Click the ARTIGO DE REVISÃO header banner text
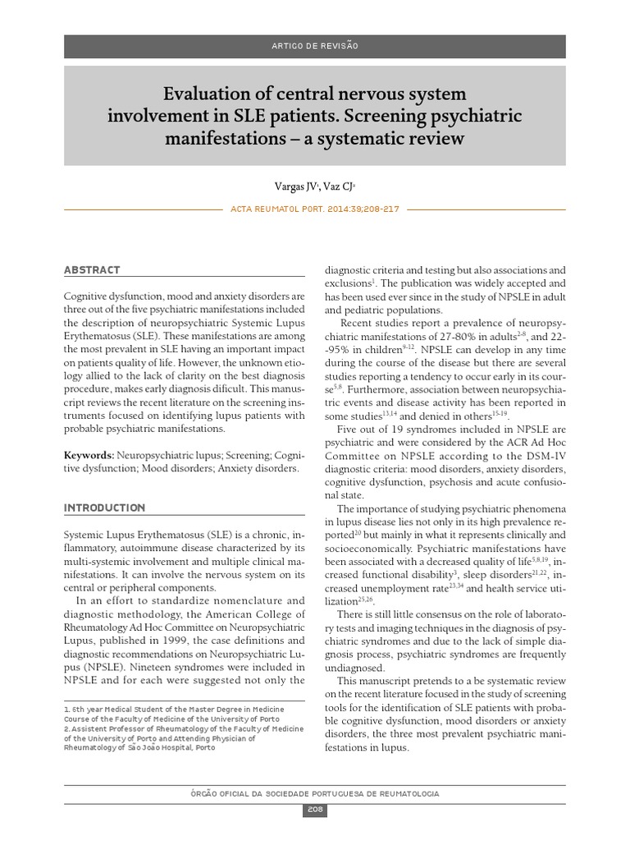pyautogui.click(x=314, y=46)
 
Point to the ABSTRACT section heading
pyautogui.click(x=92, y=270)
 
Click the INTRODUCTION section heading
pyautogui.click(x=104, y=508)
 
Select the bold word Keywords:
pyautogui.click(x=89, y=454)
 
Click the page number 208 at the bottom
pyautogui.click(x=315, y=810)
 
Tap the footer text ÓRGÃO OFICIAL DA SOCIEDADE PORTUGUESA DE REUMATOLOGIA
pyautogui.click(x=315, y=793)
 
